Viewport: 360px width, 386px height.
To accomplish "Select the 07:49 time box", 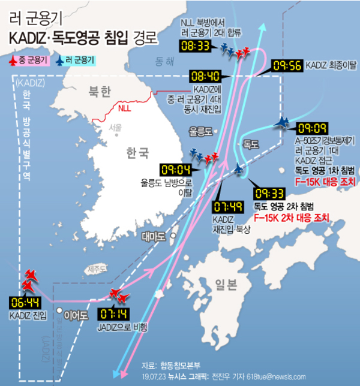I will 228,207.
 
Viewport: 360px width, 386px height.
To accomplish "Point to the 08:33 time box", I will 196,45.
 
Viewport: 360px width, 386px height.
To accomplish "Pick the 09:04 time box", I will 176,170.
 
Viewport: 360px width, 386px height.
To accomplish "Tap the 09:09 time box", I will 311,128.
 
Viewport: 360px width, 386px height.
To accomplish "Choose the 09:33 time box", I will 269,193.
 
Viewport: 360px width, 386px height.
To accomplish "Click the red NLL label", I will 124,109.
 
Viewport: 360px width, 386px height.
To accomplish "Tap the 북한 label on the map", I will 100,92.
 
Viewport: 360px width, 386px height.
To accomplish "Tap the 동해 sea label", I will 164,61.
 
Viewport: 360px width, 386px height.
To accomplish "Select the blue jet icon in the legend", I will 59,60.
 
